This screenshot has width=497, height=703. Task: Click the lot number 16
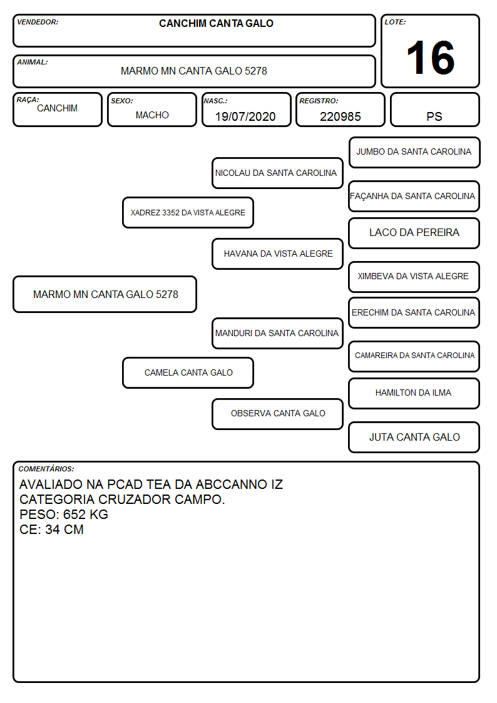[x=430, y=58]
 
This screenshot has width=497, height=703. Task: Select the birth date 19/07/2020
[x=245, y=116]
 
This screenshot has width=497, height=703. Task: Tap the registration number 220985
[x=340, y=116]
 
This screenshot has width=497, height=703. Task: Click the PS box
[x=434, y=110]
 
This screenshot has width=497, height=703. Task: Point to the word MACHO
[x=152, y=115]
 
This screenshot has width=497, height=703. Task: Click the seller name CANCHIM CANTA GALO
[x=216, y=23]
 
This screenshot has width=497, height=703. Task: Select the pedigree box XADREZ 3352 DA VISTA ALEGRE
[x=188, y=212]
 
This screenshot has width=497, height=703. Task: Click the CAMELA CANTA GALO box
[x=188, y=372]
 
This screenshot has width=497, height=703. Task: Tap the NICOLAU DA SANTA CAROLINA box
[x=277, y=173]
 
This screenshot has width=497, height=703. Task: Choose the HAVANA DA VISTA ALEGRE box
[x=277, y=254]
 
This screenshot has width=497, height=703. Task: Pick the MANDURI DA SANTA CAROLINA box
[x=277, y=333]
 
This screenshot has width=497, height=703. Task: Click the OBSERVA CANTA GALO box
[x=277, y=414]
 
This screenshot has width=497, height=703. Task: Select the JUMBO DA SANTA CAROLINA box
[x=414, y=153]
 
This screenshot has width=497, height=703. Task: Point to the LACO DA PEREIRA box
[x=414, y=233]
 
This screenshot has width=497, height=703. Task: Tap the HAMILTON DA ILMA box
[x=414, y=393]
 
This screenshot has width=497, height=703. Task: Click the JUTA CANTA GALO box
[x=414, y=437]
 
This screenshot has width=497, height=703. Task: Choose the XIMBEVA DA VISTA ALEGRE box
[x=414, y=277]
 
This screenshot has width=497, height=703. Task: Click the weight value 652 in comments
[x=74, y=514]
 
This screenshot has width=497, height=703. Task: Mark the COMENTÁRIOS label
[x=46, y=469]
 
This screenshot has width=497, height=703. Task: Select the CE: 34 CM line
[x=51, y=530]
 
